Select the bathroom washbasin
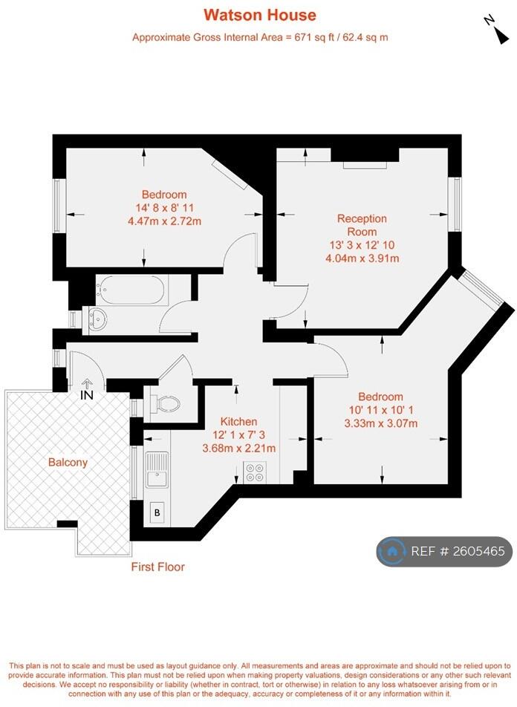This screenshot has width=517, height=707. pyautogui.click(x=97, y=319)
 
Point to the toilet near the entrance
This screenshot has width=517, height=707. pyautogui.click(x=166, y=403)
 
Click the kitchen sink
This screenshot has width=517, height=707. pyautogui.click(x=157, y=469)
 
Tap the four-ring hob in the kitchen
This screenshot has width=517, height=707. pyautogui.click(x=255, y=472)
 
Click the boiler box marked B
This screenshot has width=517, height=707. pyautogui.click(x=157, y=512)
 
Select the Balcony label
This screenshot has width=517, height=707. pyautogui.click(x=68, y=462)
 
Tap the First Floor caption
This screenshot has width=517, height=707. pyautogui.click(x=157, y=567)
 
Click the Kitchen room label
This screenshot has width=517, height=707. pyautogui.click(x=238, y=421)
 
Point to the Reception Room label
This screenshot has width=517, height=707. pyautogui.click(x=362, y=225)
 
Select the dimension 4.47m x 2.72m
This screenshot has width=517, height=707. pyautogui.click(x=165, y=221)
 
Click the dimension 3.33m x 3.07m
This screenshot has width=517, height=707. pyautogui.click(x=380, y=423)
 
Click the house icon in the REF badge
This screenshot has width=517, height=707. pyautogui.click(x=391, y=551)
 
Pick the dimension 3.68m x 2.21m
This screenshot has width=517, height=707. pyautogui.click(x=238, y=448)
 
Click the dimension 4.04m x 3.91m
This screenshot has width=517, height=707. pyautogui.click(x=362, y=258)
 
